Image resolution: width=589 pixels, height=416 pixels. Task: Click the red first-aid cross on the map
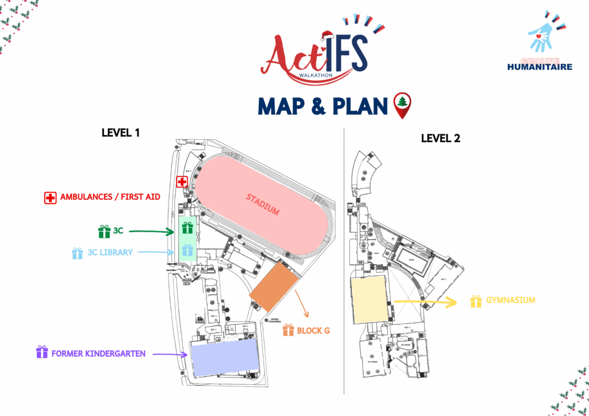[182, 182]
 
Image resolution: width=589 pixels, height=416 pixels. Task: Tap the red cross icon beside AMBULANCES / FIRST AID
[51, 197]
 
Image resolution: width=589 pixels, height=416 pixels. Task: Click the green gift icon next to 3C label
[104, 232]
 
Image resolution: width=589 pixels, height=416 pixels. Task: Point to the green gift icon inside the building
[187, 228]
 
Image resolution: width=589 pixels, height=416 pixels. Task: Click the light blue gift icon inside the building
[187, 250]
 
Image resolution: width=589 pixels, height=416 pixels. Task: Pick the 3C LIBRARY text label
[110, 252]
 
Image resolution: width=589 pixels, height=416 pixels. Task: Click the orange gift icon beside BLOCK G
[288, 330]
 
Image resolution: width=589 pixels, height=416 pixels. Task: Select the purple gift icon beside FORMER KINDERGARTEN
[42, 352]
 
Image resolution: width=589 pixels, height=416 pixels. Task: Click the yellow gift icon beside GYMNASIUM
[476, 301]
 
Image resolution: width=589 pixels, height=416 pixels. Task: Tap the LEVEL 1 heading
[121, 133]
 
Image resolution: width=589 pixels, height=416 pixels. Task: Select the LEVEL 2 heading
[441, 138]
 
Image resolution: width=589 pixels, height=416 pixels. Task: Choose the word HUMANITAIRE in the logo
[540, 67]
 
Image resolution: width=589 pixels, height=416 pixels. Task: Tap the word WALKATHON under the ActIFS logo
[316, 74]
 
